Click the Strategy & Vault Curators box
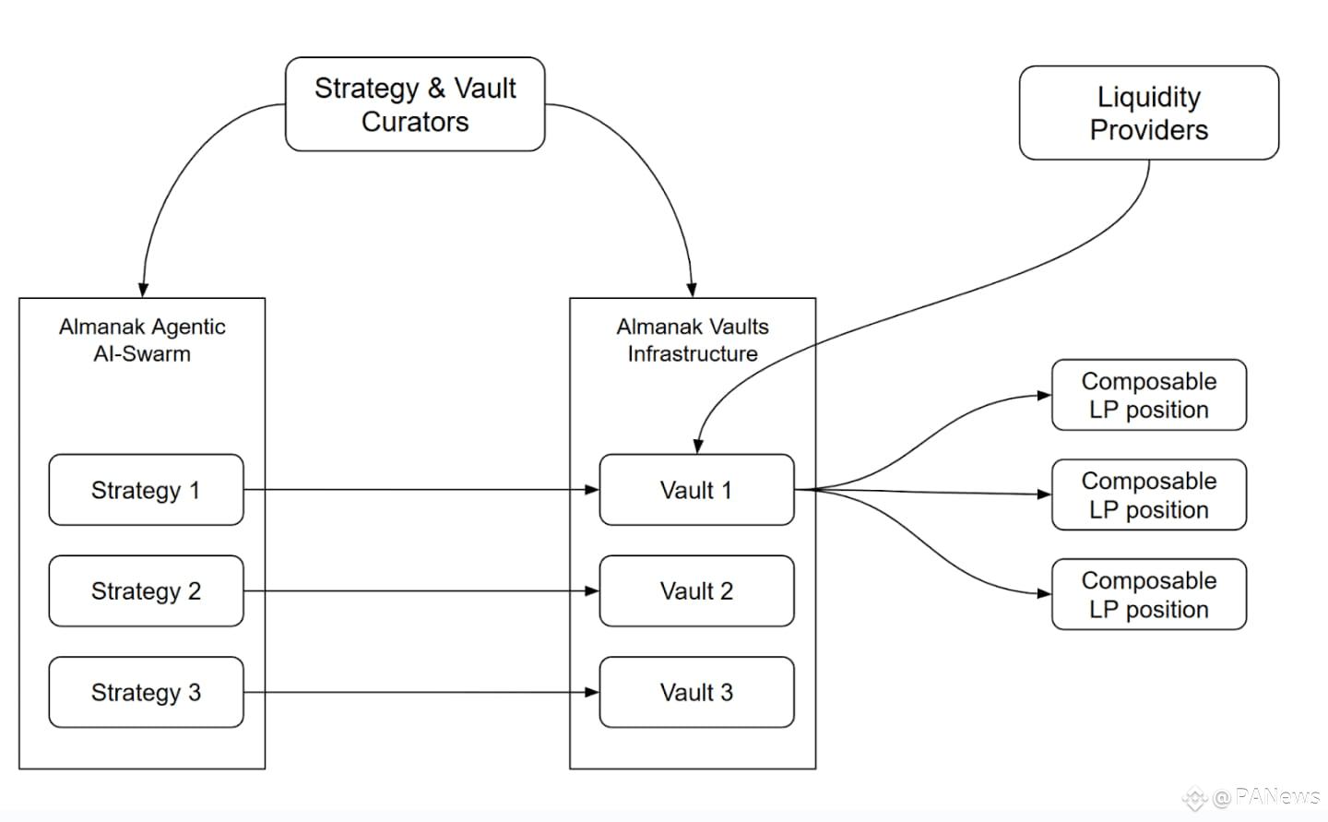tap(415, 104)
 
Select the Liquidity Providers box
tap(1149, 113)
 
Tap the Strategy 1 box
tap(146, 490)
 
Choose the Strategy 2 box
tap(146, 590)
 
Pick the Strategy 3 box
tap(146, 692)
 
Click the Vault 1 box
tap(696, 490)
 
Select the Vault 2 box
tap(696, 590)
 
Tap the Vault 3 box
tap(696, 692)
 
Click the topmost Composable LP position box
tap(1149, 395)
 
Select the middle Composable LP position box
tap(1149, 494)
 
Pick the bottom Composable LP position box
tap(1149, 594)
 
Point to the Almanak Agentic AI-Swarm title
tap(142, 340)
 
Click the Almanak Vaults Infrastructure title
tap(693, 340)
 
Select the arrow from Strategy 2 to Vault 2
tap(421, 590)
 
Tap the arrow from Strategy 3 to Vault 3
tap(421, 692)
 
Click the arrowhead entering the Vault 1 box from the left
tap(592, 490)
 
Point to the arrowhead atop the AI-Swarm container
tap(144, 290)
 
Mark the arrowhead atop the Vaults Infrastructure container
tap(692, 290)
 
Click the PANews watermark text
tap(1277, 796)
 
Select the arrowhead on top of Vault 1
tap(698, 447)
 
